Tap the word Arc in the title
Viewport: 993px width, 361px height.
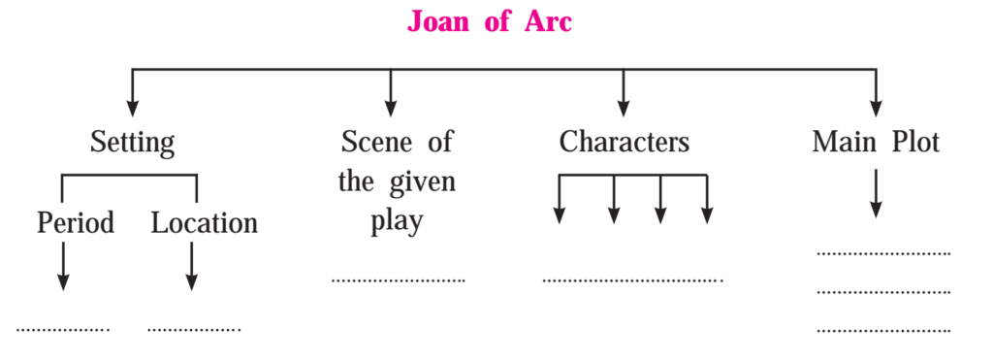tap(549, 22)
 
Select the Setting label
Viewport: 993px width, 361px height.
tap(132, 144)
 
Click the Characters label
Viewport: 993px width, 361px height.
tap(624, 143)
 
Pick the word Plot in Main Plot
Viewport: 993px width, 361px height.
tap(915, 143)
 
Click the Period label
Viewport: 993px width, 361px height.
tap(76, 223)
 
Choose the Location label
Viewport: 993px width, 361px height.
tap(204, 223)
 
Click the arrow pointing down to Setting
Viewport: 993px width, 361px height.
tap(132, 92)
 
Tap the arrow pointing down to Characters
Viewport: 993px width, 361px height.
tap(624, 92)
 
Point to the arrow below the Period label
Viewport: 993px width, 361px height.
tap(62, 266)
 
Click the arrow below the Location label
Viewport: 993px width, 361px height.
tap(192, 266)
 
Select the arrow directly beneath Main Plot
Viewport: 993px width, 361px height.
tap(876, 193)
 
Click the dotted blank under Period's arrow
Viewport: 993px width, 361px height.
tap(63, 329)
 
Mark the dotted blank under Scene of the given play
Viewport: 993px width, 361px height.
tap(398, 279)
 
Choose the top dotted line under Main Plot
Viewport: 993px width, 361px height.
tap(883, 253)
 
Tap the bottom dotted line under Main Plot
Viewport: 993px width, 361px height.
tap(883, 331)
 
